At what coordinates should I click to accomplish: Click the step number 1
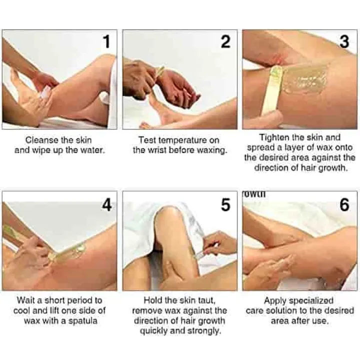(105, 42)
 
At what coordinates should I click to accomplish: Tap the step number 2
(226, 42)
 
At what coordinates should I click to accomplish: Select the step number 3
(344, 42)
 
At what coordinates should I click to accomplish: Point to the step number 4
(106, 205)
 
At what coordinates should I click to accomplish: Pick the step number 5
(226, 205)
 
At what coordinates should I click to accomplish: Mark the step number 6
(344, 205)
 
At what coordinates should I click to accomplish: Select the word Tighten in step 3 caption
(274, 137)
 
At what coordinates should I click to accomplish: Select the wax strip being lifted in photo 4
(70, 248)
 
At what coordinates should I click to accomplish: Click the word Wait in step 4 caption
(26, 300)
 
